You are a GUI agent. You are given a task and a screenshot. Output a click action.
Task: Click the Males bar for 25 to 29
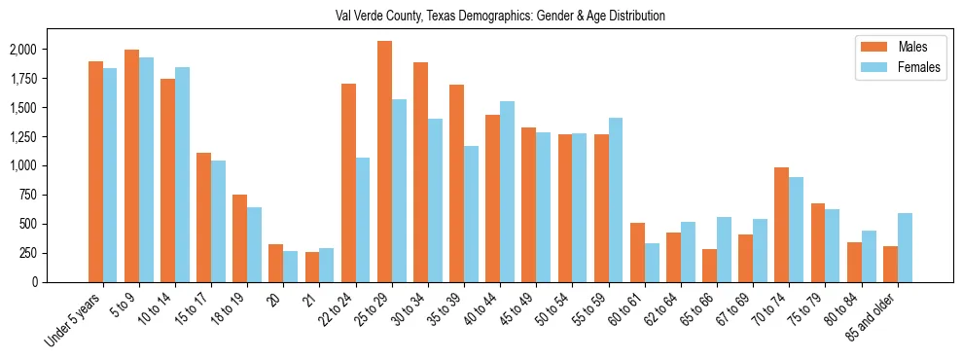click(384, 162)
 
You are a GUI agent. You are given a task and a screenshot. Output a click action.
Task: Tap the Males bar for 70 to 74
click(781, 225)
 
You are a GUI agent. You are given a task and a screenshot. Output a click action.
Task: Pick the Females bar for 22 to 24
click(363, 220)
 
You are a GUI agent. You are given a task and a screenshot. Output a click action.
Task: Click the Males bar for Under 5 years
click(95, 171)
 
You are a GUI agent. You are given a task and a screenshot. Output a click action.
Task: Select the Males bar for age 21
click(312, 267)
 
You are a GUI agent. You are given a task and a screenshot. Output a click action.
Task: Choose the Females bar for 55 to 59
click(616, 199)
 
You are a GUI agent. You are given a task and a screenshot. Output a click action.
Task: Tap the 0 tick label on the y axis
click(62, 282)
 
